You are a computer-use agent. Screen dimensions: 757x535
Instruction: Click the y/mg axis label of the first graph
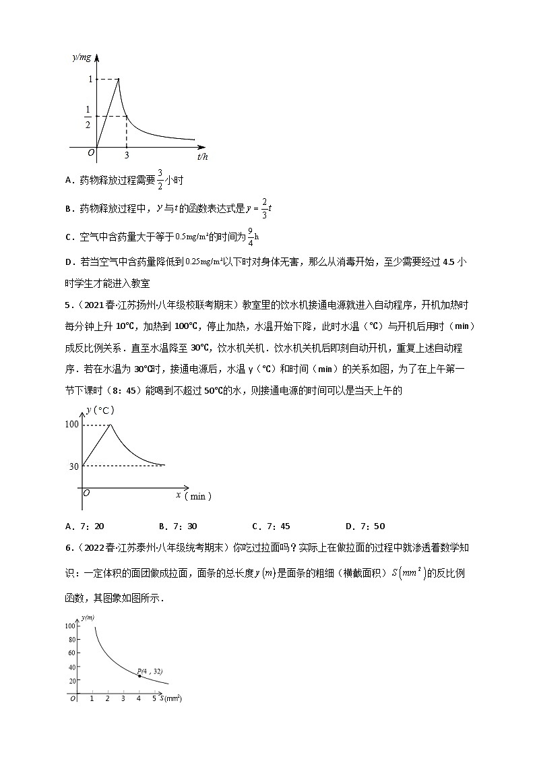tap(82, 59)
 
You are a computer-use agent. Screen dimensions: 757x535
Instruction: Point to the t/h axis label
tap(201, 156)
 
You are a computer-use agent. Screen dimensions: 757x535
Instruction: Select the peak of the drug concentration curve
tap(119, 79)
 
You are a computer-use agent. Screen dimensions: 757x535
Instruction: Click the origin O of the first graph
tap(91, 153)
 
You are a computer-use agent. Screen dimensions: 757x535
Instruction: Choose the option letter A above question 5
tap(69, 180)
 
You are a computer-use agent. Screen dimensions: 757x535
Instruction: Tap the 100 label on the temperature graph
tap(71, 424)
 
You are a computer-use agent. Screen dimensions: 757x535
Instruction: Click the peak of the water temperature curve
tap(111, 424)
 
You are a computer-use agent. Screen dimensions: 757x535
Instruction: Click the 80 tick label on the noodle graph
tap(69, 640)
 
